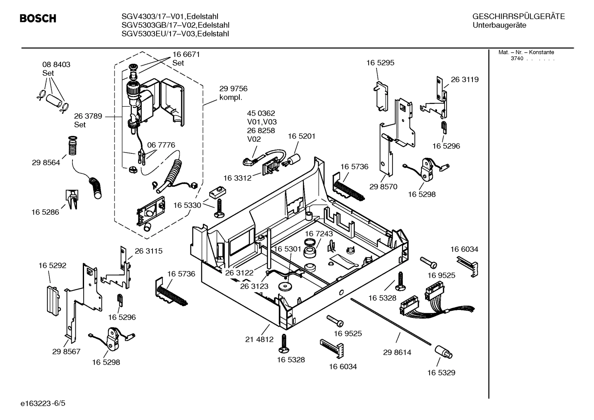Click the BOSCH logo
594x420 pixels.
(x=38, y=19)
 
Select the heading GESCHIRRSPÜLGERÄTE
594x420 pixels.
(x=518, y=16)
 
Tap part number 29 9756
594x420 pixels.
(x=233, y=89)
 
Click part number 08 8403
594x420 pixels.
(x=56, y=65)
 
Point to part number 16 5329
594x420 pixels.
(x=441, y=373)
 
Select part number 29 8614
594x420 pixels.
(x=397, y=352)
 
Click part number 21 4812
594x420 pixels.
(x=259, y=339)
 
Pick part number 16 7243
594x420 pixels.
(x=319, y=234)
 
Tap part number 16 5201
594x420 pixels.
(x=302, y=136)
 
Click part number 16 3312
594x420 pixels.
(x=237, y=178)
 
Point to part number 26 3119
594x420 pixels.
(x=465, y=80)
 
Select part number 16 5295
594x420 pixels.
(x=380, y=63)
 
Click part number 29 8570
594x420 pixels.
(x=383, y=186)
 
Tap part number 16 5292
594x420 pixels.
(x=52, y=265)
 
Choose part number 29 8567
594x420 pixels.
(x=66, y=352)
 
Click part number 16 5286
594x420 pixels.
(x=45, y=212)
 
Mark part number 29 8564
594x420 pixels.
(x=46, y=162)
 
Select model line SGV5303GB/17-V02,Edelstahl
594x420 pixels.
(x=175, y=25)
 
